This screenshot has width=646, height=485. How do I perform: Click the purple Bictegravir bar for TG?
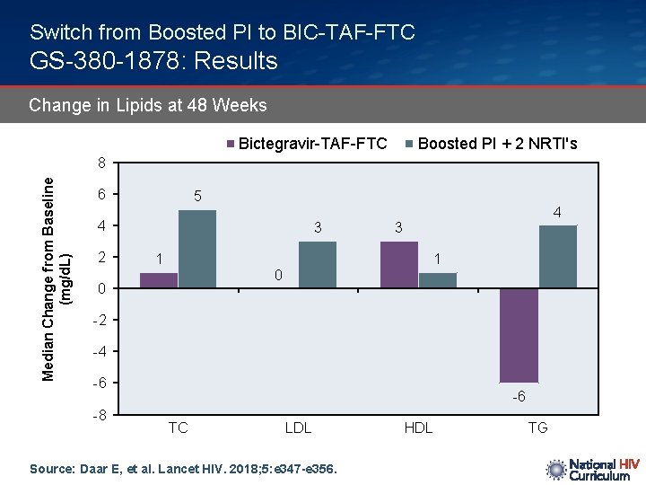click(x=519, y=335)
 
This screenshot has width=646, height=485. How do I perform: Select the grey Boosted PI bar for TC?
click(x=197, y=249)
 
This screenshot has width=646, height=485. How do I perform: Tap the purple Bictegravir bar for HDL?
click(x=398, y=265)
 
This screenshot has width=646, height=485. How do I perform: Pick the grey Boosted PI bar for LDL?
click(x=318, y=265)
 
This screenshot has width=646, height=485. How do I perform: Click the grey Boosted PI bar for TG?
click(x=557, y=257)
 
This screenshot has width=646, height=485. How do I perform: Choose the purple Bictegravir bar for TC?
click(x=159, y=280)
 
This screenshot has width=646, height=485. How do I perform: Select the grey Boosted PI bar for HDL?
click(x=438, y=280)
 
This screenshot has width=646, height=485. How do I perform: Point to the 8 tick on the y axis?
click(x=102, y=163)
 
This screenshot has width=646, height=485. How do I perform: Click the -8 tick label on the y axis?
click(x=100, y=415)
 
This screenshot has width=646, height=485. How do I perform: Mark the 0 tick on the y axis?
click(x=102, y=289)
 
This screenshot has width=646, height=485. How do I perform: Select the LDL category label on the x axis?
click(x=298, y=428)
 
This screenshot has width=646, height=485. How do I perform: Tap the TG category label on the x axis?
click(x=537, y=428)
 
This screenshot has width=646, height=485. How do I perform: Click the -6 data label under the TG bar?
click(x=519, y=397)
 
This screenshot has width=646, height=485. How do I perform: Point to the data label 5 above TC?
click(x=197, y=196)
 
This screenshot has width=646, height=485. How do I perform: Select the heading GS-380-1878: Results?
click(x=153, y=61)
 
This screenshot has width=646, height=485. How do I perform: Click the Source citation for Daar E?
click(x=184, y=468)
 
